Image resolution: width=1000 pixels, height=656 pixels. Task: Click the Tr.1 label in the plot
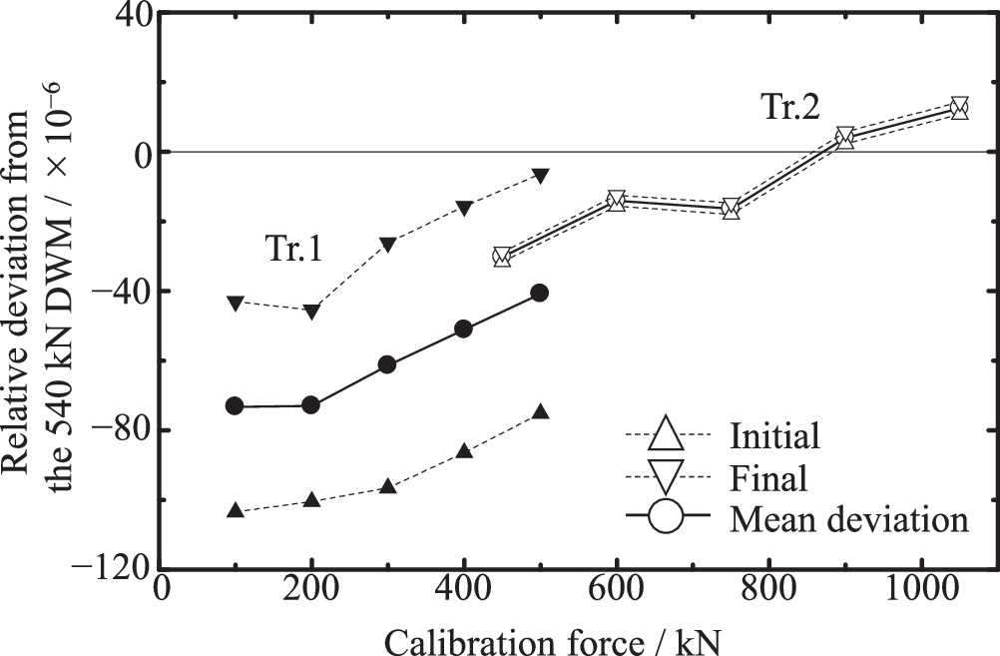click(x=292, y=250)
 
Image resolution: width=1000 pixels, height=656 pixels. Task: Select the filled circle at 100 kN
click(x=236, y=405)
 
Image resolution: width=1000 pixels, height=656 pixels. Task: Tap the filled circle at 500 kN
click(x=540, y=293)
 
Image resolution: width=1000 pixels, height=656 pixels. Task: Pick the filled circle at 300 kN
click(x=387, y=364)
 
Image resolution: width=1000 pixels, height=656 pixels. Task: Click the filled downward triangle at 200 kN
click(x=311, y=312)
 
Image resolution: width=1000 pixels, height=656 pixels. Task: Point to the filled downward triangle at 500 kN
click(x=540, y=176)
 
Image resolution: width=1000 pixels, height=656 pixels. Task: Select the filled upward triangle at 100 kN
click(x=236, y=510)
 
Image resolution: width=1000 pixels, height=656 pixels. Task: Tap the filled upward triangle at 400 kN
click(x=464, y=450)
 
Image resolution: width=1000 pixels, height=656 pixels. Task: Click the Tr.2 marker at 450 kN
click(x=502, y=257)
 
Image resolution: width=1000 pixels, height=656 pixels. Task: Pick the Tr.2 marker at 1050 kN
click(x=959, y=108)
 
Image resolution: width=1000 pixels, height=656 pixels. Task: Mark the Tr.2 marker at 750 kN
click(x=731, y=209)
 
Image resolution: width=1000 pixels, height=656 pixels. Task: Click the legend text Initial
click(x=774, y=436)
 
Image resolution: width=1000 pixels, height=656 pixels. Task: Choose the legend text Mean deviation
click(x=849, y=519)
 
